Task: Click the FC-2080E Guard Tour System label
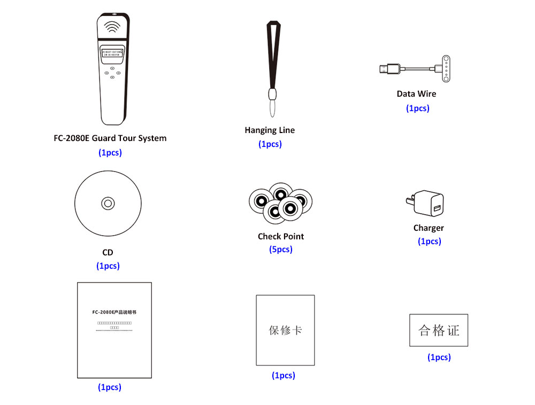pyautogui.click(x=110, y=138)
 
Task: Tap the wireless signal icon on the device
pyautogui.click(x=112, y=27)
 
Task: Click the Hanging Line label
pyautogui.click(x=270, y=130)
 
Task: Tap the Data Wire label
pyautogui.click(x=416, y=94)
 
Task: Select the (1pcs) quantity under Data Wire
pyautogui.click(x=417, y=108)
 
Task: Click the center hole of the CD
pyautogui.click(x=108, y=203)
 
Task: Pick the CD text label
pyautogui.click(x=108, y=252)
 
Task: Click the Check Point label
pyautogui.click(x=281, y=236)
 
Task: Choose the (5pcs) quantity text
pyautogui.click(x=281, y=250)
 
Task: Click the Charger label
pyautogui.click(x=429, y=228)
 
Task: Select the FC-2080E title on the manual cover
pyautogui.click(x=114, y=311)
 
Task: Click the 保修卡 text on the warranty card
pyautogui.click(x=285, y=330)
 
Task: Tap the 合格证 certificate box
pyautogui.click(x=439, y=330)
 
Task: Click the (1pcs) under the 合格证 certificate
pyautogui.click(x=439, y=357)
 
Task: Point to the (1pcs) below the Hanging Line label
pyautogui.click(x=270, y=144)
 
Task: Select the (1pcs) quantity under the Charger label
pyautogui.click(x=429, y=241)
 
